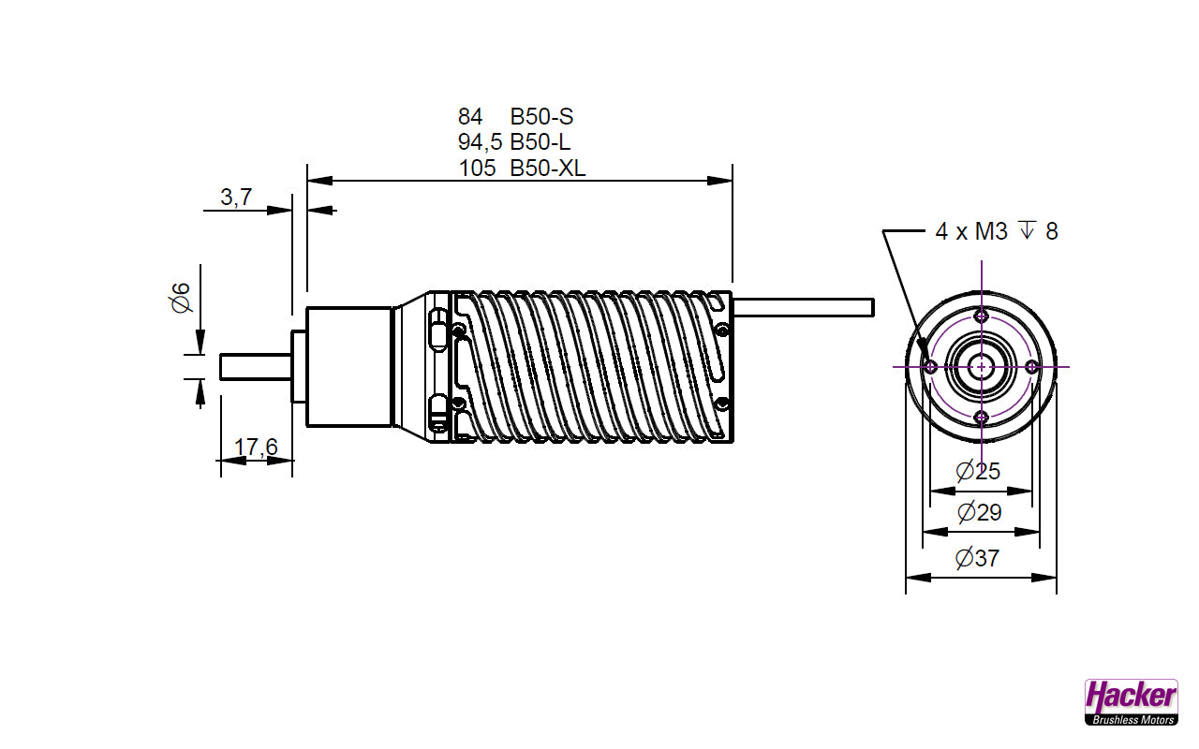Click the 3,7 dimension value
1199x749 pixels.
[x=235, y=197]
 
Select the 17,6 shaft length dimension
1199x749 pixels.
[x=256, y=448]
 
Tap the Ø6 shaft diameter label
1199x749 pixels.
[x=181, y=298]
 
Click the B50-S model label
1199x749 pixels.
[x=541, y=117]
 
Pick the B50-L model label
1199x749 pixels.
[x=540, y=142]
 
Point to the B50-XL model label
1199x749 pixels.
[x=548, y=169]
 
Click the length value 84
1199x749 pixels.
[x=470, y=117]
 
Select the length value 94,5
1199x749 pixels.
[x=480, y=142]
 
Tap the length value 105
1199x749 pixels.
[x=477, y=169]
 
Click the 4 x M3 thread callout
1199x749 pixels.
[x=997, y=231]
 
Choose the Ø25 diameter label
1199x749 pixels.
[x=978, y=472]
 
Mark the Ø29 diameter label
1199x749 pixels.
[x=979, y=512]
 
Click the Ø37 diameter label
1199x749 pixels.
[x=977, y=559]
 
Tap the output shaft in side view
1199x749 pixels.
[x=255, y=366]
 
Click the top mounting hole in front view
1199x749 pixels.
[x=981, y=315]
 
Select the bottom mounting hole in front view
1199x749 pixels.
[x=981, y=417]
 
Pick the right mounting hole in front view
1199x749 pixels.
[x=1031, y=366]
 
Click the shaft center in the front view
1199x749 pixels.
[x=981, y=366]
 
